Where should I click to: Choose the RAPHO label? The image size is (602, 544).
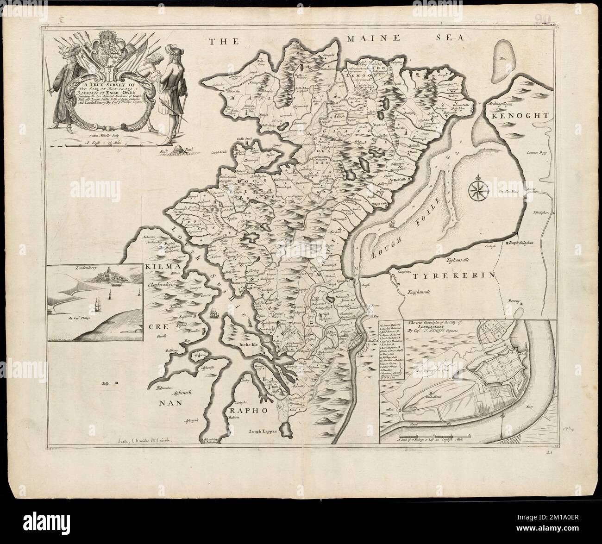[247, 410]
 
